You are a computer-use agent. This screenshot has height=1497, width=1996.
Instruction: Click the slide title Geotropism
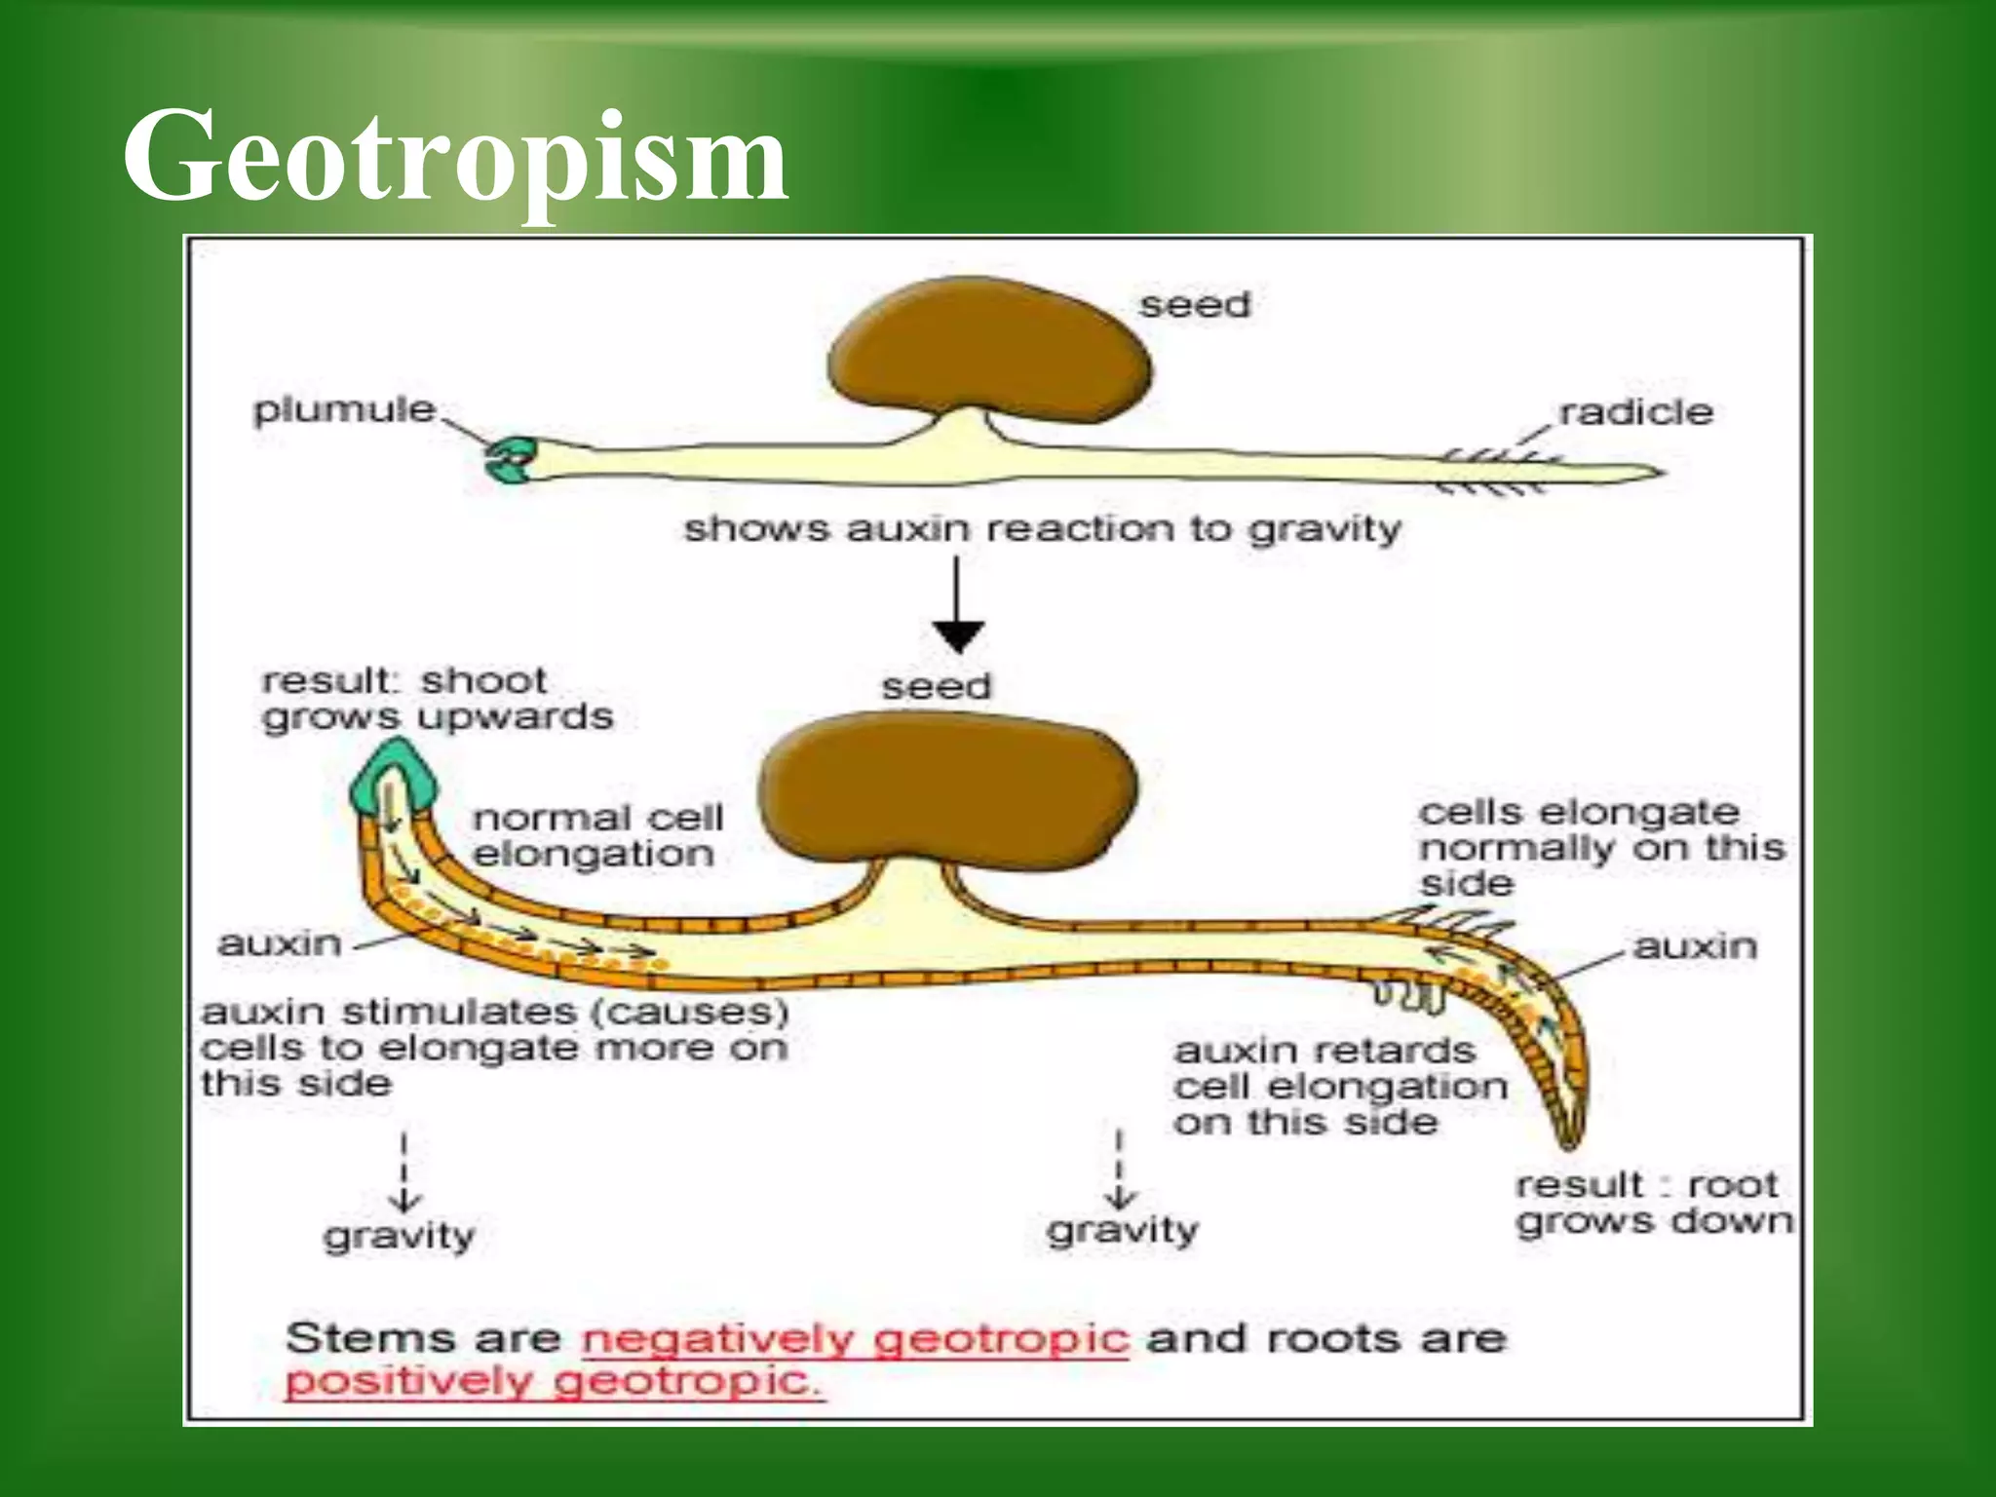454,158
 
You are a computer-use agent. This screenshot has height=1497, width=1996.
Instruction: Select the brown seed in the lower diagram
947,785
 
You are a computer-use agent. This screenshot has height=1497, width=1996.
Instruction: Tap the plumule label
344,410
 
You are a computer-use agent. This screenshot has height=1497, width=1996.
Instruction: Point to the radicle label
1635,412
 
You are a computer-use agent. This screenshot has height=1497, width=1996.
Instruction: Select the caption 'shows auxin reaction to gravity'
1042,529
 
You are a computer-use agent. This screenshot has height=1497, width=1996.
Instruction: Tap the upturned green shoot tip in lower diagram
395,775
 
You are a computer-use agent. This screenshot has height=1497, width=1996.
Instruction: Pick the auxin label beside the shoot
280,943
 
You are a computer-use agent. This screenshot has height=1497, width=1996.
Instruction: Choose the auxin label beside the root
1695,946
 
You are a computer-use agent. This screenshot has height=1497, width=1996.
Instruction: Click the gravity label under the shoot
400,1236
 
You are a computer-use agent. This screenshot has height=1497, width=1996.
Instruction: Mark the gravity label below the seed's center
1123,1230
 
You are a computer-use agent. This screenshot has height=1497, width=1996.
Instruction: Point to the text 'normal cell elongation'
597,835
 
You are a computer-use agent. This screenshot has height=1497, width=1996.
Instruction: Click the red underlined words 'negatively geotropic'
855,1339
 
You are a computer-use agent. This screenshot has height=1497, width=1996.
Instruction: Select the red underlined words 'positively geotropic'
554,1381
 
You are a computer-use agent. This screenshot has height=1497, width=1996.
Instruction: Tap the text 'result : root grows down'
1653,1203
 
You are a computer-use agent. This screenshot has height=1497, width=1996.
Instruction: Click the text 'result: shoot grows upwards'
437,699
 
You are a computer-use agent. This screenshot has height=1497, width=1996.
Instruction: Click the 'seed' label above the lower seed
936,686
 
